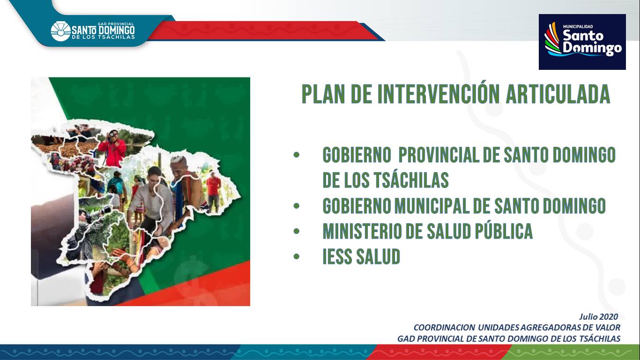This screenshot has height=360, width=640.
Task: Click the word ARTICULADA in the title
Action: (558, 94)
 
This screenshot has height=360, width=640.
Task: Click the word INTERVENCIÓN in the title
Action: (439, 94)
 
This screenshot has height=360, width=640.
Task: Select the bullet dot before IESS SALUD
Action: (296, 256)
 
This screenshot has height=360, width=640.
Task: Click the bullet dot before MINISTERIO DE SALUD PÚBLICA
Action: (296, 231)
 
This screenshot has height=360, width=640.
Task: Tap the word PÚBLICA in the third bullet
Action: (504, 231)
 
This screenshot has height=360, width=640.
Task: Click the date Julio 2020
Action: (599, 317)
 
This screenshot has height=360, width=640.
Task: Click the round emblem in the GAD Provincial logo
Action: (60, 31)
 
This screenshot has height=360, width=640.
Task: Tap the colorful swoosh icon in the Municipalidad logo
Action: (553, 38)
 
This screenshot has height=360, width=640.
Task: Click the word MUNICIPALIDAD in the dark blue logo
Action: (578, 27)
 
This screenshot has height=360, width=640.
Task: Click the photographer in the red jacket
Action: (112, 149)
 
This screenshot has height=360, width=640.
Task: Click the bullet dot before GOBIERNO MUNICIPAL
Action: (296, 206)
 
